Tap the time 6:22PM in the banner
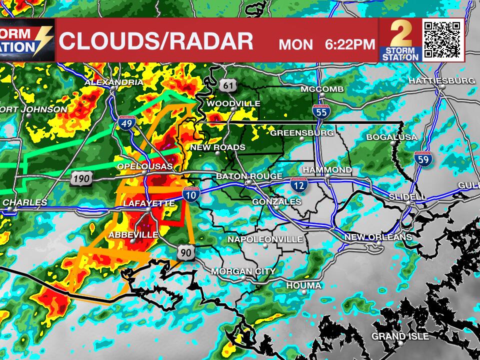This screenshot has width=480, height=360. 349,44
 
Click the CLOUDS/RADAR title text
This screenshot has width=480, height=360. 156,41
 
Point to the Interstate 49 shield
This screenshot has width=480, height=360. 127,122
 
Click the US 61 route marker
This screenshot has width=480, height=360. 228,85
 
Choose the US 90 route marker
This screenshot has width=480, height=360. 185,253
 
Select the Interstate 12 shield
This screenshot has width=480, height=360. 298,185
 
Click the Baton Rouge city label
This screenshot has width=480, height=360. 249,177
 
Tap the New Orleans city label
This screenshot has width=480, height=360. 378,237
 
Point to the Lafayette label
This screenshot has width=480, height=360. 149,203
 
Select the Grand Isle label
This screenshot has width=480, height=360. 400,336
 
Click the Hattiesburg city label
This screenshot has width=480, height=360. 441,80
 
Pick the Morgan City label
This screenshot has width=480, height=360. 243,271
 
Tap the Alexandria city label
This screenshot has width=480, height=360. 114,82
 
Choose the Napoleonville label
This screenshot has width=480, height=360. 265,239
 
